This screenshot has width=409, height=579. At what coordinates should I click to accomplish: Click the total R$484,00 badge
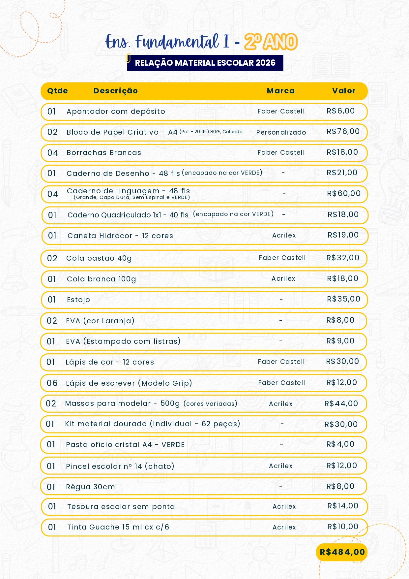[342, 552]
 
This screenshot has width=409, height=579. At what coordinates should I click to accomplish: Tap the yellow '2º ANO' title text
[271, 42]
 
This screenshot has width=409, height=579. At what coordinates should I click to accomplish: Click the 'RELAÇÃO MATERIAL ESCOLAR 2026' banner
[205, 63]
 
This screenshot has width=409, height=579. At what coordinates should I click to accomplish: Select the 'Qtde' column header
[57, 91]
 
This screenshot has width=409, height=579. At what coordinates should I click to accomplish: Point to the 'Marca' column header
[281, 91]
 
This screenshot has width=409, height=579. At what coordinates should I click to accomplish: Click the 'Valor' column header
[344, 91]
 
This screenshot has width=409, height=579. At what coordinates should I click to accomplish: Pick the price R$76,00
[343, 131]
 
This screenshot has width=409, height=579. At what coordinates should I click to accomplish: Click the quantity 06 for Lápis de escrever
[52, 383]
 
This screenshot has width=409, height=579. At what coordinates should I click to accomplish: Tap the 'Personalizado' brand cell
[281, 132]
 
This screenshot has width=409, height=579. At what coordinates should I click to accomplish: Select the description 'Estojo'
[78, 300]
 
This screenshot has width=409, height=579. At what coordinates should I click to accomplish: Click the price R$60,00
[344, 193]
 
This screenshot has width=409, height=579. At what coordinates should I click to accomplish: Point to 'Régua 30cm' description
[91, 487]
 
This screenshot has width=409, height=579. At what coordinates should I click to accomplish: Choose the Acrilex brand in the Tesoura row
[284, 506]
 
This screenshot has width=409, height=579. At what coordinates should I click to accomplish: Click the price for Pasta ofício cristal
[340, 444]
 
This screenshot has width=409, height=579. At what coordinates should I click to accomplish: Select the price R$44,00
[341, 403]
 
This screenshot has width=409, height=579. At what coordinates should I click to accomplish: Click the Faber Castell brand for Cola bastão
[282, 258]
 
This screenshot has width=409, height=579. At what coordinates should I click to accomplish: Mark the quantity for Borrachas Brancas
[53, 153]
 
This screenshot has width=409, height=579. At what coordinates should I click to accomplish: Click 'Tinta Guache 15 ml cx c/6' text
[118, 527]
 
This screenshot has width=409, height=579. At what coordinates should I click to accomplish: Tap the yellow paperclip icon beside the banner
[128, 58]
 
